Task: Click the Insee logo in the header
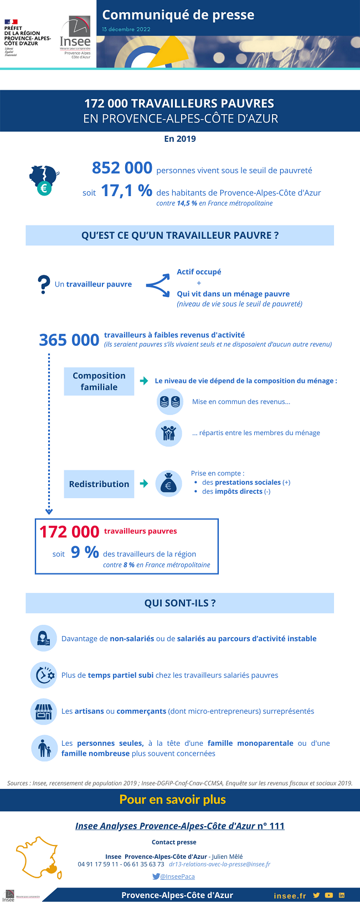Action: click(75, 38)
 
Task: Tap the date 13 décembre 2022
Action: click(126, 29)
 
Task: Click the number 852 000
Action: click(122, 168)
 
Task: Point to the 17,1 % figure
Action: click(126, 191)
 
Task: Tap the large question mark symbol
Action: click(44, 285)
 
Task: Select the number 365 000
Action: click(69, 340)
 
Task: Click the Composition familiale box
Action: click(99, 381)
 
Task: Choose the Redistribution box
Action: click(99, 484)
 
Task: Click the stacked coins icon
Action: click(169, 402)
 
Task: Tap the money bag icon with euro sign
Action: click(168, 484)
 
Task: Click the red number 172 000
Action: click(69, 532)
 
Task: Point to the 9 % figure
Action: click(85, 552)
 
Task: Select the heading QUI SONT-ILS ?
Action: click(180, 603)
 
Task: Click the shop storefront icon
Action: click(43, 711)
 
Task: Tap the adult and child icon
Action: click(44, 748)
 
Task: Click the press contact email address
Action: click(219, 864)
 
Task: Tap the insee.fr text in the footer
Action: click(290, 895)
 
